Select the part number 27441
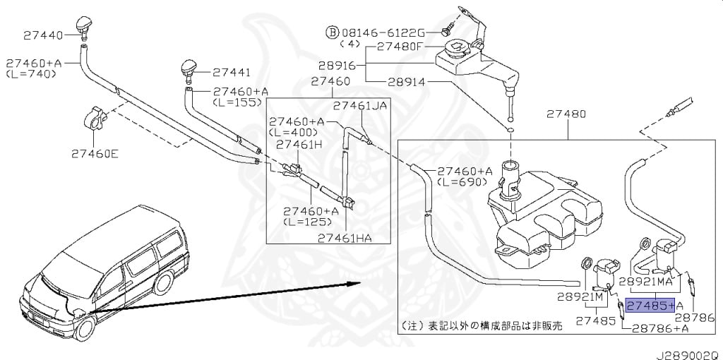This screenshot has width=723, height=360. point(231,71)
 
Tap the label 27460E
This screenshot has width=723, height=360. point(95,151)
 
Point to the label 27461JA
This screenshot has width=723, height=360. point(360,106)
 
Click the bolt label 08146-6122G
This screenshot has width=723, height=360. point(382,32)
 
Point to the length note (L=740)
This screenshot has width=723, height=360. point(31,73)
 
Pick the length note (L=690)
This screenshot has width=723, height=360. point(461,181)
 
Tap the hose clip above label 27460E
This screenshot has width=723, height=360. point(96,118)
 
